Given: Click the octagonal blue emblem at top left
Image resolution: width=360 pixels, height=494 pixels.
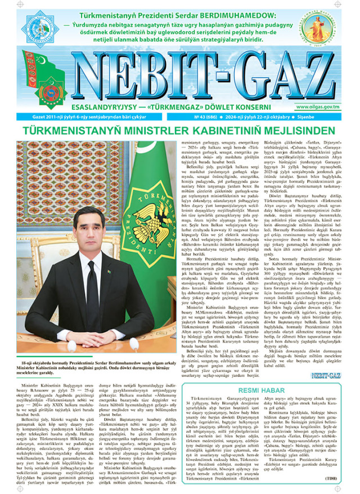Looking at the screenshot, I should tap(44, 27).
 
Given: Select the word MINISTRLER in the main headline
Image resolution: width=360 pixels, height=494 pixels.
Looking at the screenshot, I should tap(161, 131).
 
